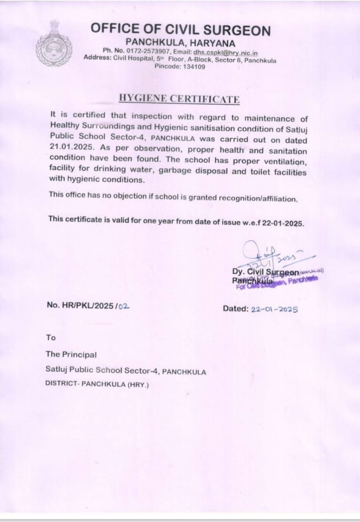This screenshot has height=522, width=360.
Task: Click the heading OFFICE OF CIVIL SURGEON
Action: (180, 30)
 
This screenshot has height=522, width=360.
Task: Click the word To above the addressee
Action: (51, 337)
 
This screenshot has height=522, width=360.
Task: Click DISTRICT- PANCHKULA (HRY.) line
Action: (97, 385)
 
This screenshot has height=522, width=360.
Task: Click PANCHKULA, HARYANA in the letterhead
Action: (180, 43)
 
